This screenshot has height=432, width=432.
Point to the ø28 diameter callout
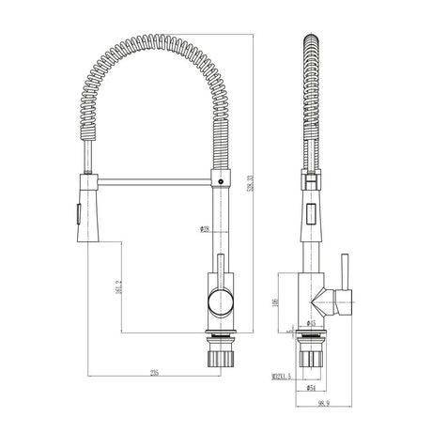[x=204, y=228]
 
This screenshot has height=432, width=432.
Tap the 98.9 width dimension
[x=324, y=402]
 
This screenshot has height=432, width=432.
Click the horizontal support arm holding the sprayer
[x=155, y=175]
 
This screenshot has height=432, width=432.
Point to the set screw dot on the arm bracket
[x=220, y=175]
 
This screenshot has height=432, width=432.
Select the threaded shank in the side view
[x=312, y=357]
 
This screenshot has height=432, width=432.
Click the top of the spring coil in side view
[x=312, y=42]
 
